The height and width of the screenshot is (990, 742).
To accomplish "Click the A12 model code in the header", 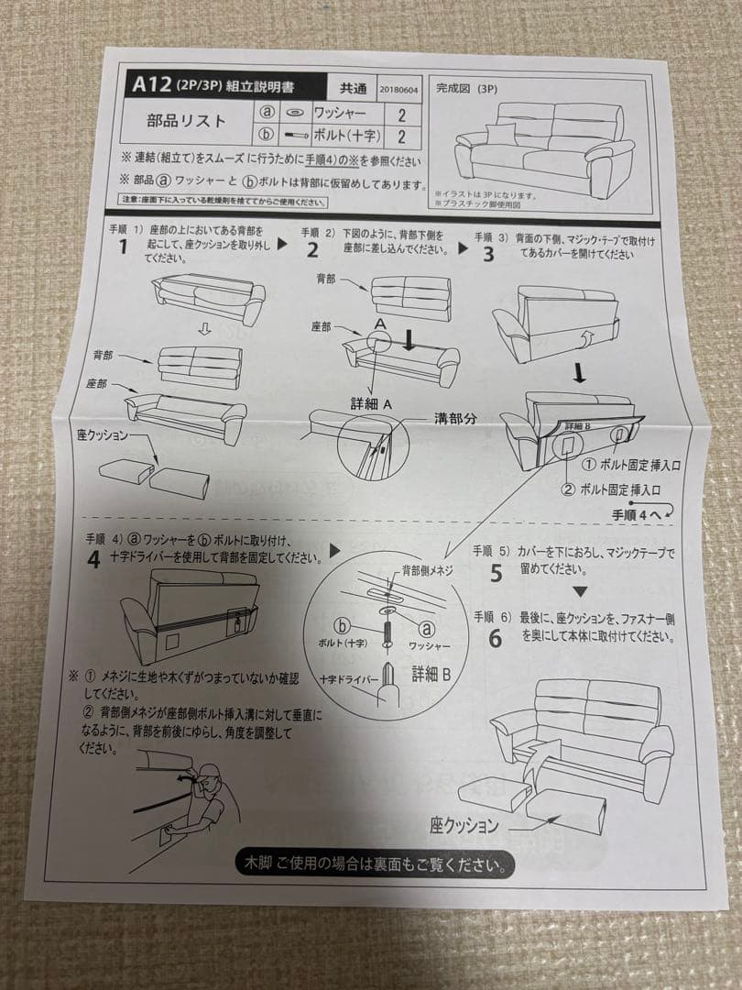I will tap(151, 85).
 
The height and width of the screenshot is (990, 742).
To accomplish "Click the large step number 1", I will tap(121, 247).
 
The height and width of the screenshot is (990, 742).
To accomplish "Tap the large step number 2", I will tap(312, 249).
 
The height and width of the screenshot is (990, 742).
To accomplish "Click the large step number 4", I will tap(93, 558).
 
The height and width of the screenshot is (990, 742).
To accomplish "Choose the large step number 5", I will tap(496, 574).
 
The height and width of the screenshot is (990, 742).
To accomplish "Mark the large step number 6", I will tap(495, 638).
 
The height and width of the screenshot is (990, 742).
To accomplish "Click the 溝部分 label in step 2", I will tap(455, 418).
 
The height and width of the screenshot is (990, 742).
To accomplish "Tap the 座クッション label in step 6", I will tap(464, 826).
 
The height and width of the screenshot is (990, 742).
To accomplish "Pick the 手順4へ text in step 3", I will tap(636, 514).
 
